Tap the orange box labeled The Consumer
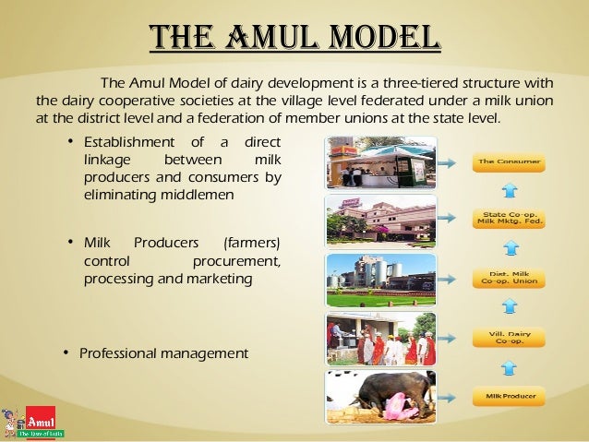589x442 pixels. [x=509, y=162]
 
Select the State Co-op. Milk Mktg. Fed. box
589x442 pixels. [x=509, y=221]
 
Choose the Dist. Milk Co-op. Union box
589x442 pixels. [x=509, y=278]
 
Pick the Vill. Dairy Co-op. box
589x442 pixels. [x=509, y=338]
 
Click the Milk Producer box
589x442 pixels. [x=509, y=398]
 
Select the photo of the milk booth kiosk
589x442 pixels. [x=380, y=162]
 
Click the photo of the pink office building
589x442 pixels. [x=380, y=221]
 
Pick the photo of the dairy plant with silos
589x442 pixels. [x=380, y=279]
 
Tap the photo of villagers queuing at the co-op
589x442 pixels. [x=380, y=339]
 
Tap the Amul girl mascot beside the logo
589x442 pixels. [x=13, y=420]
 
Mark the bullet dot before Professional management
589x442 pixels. [x=66, y=353]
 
